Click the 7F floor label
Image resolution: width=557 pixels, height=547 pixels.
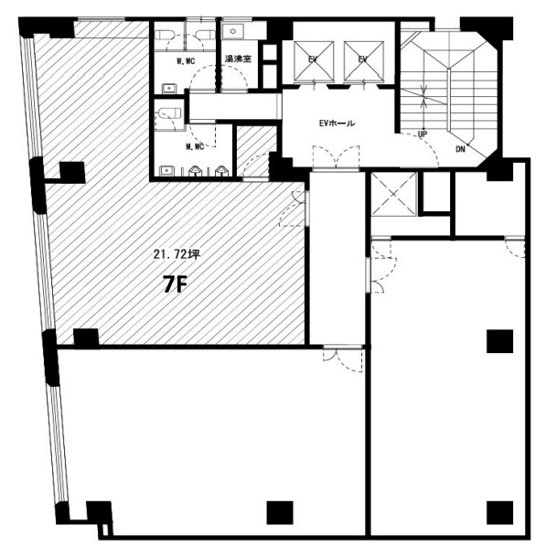[x=175, y=284]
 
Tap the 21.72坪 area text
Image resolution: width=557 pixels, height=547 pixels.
[x=177, y=254]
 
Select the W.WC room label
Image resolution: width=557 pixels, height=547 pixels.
[x=186, y=61]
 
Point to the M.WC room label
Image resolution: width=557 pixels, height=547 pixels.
[x=195, y=146]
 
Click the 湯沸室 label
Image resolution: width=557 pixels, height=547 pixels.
[x=238, y=59]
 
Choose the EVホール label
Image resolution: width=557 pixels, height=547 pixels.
[x=337, y=123]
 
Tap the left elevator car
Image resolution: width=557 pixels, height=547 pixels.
[x=314, y=60]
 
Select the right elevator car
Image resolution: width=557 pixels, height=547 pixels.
[x=364, y=60]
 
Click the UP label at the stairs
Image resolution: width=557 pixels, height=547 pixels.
[x=423, y=134]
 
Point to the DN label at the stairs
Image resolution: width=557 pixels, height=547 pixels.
[x=460, y=149]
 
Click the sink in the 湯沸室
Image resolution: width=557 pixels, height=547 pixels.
[x=233, y=31]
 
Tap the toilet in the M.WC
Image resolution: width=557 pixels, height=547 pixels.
[x=169, y=113]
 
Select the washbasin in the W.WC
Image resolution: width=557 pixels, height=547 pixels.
[x=169, y=88]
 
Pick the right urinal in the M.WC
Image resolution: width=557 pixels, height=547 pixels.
[x=221, y=171]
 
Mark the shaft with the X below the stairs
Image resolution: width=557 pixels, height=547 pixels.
[x=393, y=194]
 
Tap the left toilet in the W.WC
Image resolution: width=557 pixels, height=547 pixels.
[x=166, y=35]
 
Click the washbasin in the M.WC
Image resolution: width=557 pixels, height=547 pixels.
[x=166, y=171]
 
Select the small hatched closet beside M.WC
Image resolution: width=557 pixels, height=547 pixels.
[x=257, y=151]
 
